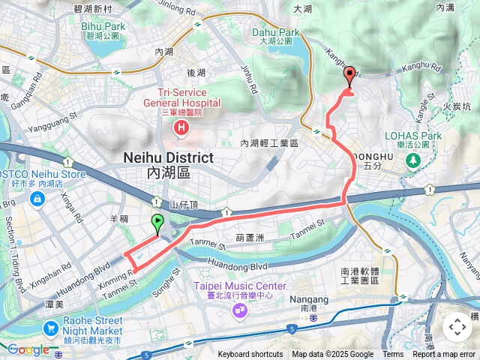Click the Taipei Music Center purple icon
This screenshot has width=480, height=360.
[239, 308]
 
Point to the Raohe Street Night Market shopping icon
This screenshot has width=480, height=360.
[51, 328]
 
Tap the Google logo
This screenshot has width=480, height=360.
[28, 349]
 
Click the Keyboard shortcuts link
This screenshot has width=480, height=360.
[250, 355]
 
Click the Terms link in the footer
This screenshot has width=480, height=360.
[393, 355]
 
